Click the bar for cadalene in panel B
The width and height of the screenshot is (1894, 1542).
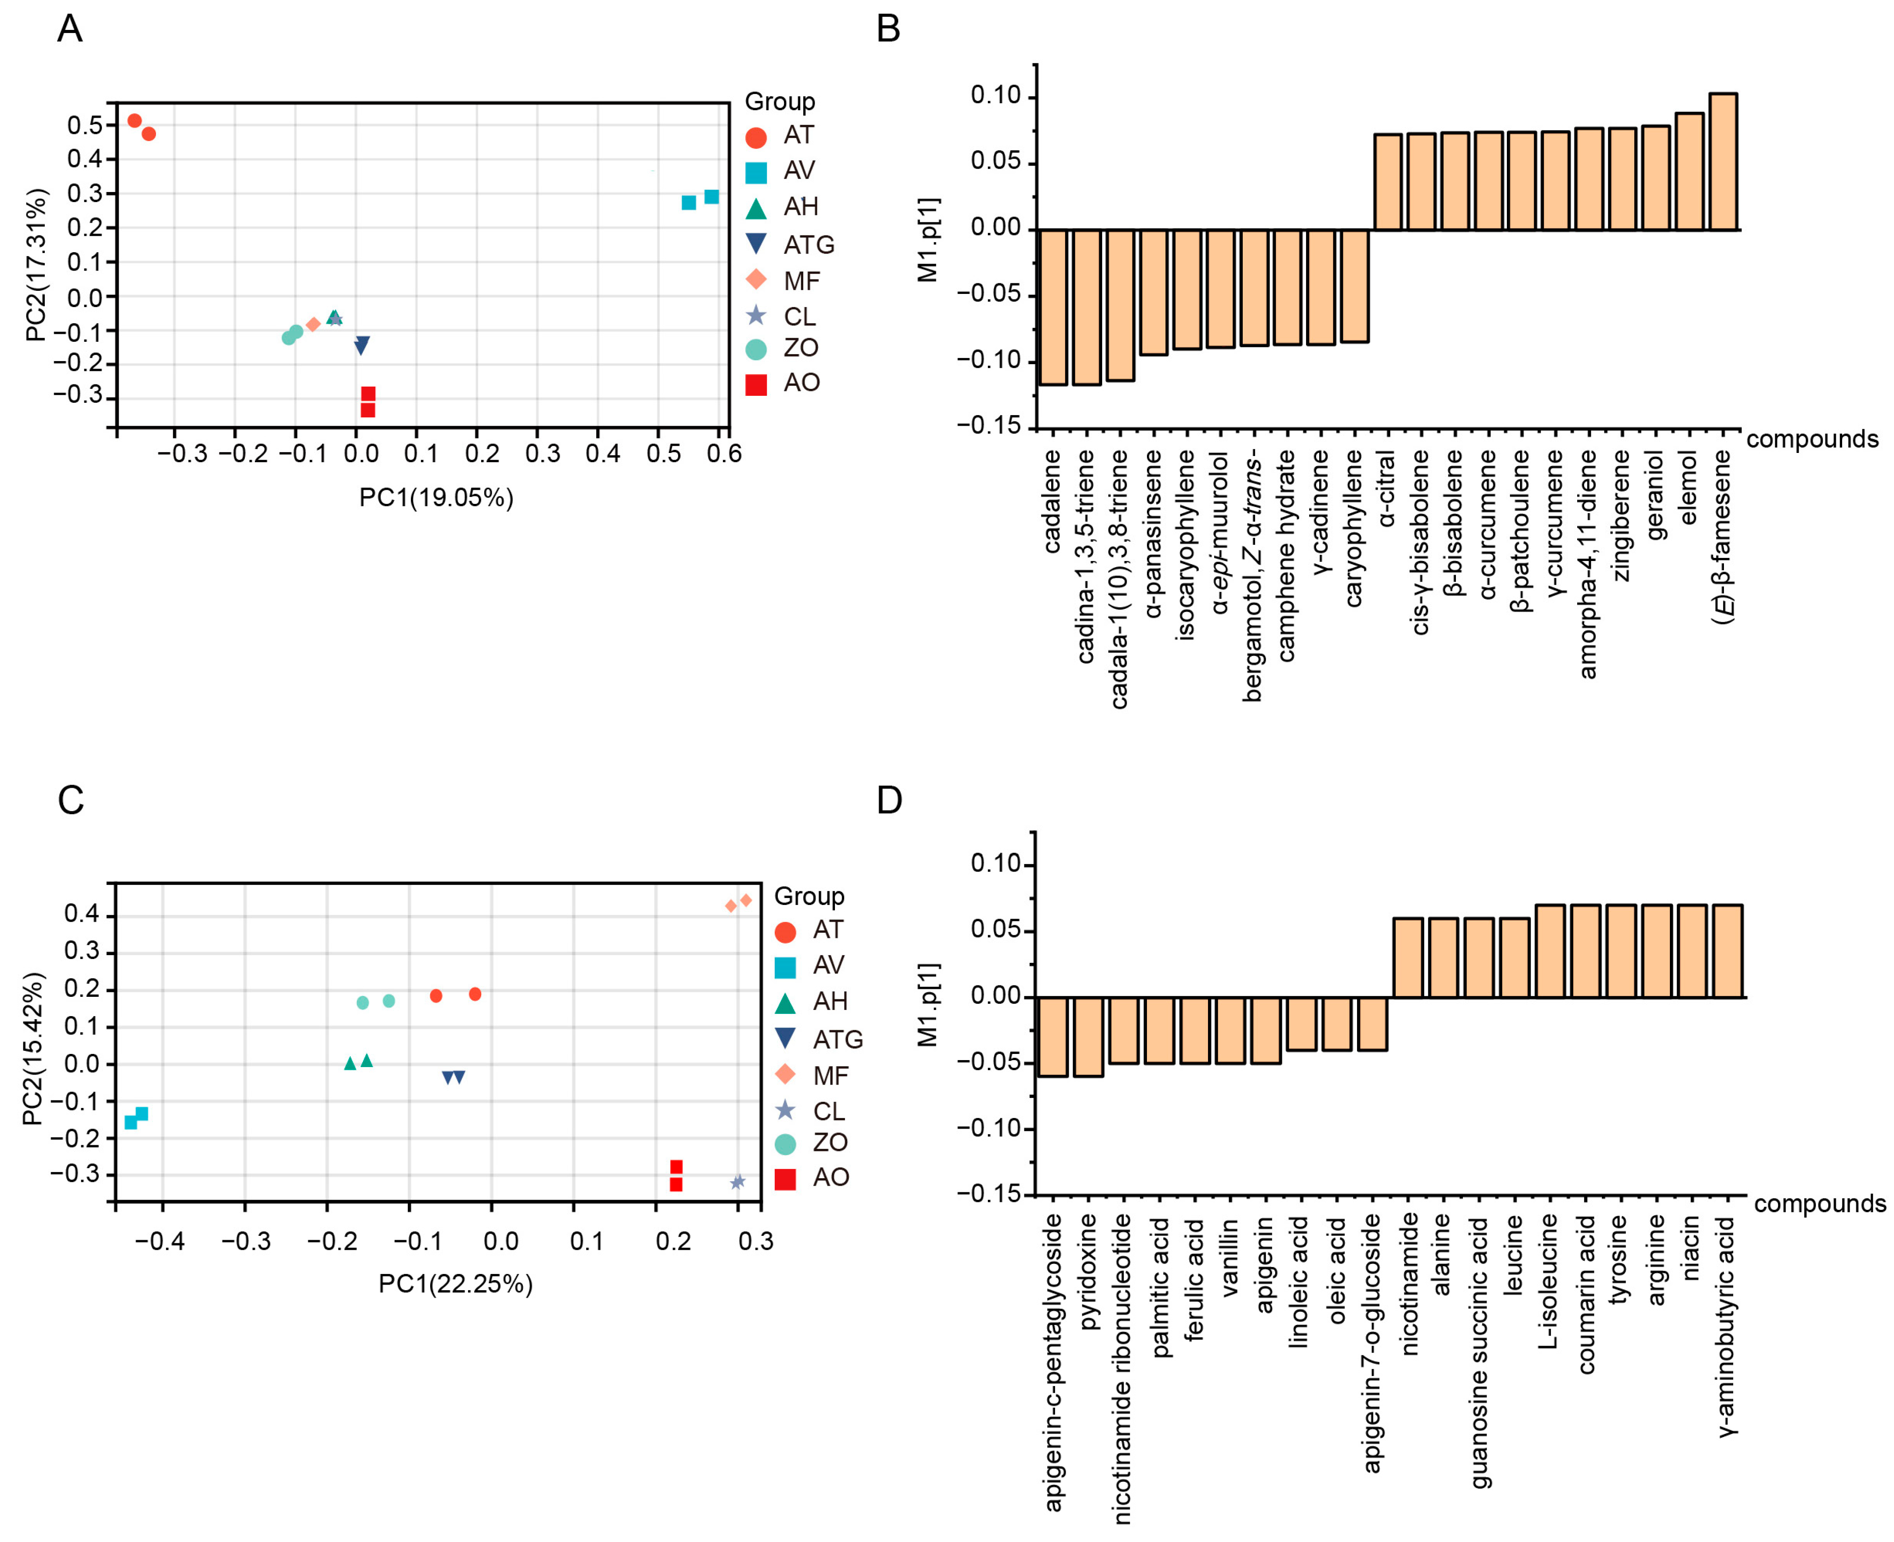click(1053, 307)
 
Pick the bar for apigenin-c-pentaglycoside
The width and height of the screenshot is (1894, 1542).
click(1053, 1037)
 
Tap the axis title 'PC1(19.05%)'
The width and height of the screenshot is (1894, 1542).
click(436, 497)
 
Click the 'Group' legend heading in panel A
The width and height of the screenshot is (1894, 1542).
click(779, 101)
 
